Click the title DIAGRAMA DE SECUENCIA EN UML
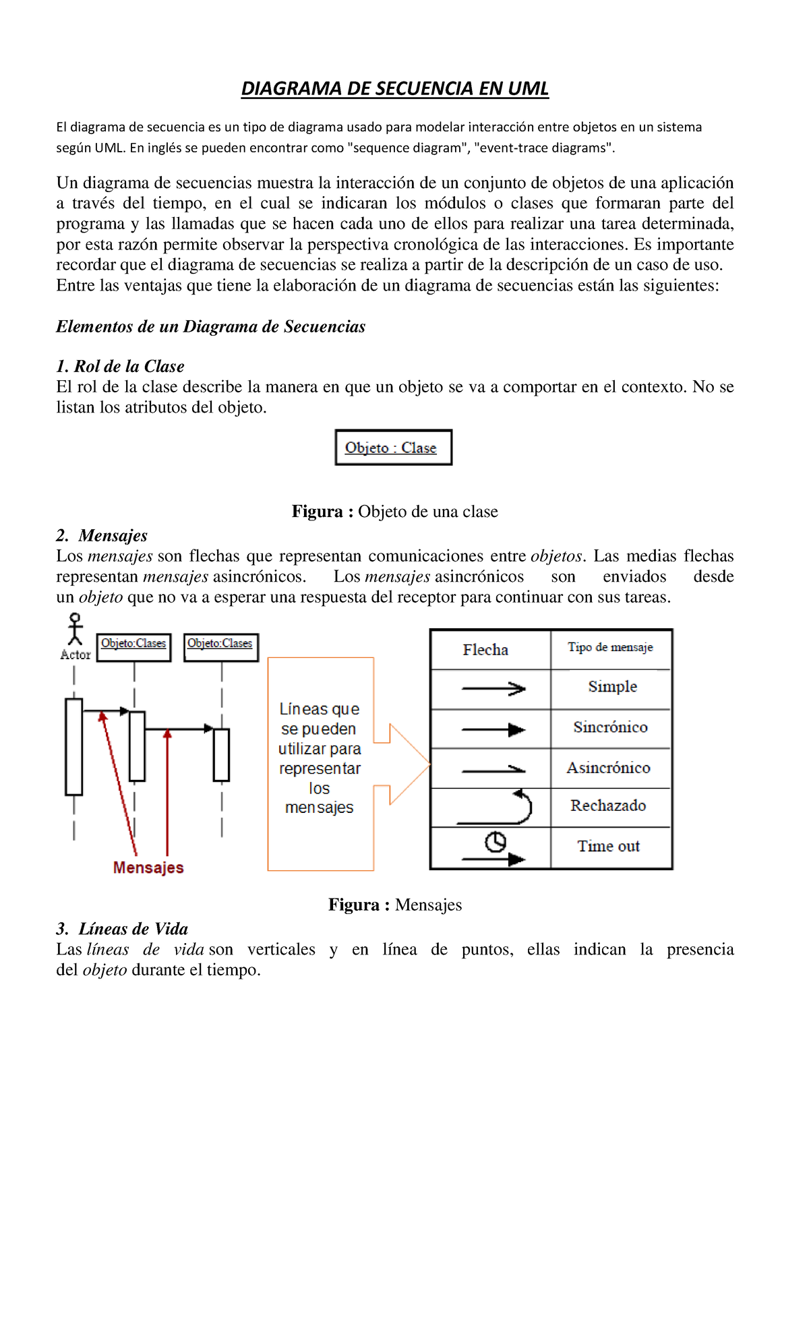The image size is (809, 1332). pyautogui.click(x=395, y=89)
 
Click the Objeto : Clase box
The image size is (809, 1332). pyautogui.click(x=393, y=448)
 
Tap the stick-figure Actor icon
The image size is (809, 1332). pyautogui.click(x=75, y=630)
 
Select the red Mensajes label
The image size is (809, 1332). pyautogui.click(x=148, y=868)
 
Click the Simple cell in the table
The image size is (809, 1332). pyautogui.click(x=611, y=687)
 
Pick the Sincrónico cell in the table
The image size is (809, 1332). pyautogui.click(x=610, y=727)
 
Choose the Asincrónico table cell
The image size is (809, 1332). pyautogui.click(x=608, y=768)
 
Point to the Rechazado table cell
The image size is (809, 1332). pyautogui.click(x=608, y=806)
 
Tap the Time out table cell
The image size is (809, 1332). pyautogui.click(x=608, y=847)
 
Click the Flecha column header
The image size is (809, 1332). pyautogui.click(x=485, y=650)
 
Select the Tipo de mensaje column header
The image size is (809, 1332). pyautogui.click(x=610, y=647)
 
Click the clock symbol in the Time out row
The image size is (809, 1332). pyautogui.click(x=496, y=842)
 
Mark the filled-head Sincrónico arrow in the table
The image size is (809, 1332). pyautogui.click(x=493, y=729)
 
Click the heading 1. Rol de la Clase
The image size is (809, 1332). pyautogui.click(x=120, y=366)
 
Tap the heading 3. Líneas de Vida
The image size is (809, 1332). pyautogui.click(x=122, y=929)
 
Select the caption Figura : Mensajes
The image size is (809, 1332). pyautogui.click(x=395, y=905)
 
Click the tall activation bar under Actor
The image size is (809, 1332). pyautogui.click(x=74, y=747)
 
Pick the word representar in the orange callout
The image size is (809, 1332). pyautogui.click(x=320, y=768)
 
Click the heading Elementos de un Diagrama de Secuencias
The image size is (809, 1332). pyautogui.click(x=210, y=327)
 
